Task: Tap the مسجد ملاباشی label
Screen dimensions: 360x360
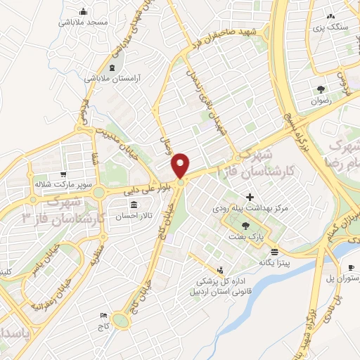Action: (84, 22)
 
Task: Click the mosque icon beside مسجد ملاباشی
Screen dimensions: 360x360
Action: (84, 11)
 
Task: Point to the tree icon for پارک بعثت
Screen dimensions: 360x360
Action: (245, 225)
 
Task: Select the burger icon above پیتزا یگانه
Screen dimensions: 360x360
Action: (274, 251)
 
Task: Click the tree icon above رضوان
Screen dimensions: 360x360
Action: (321, 89)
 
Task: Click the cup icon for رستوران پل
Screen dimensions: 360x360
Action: (352, 267)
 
